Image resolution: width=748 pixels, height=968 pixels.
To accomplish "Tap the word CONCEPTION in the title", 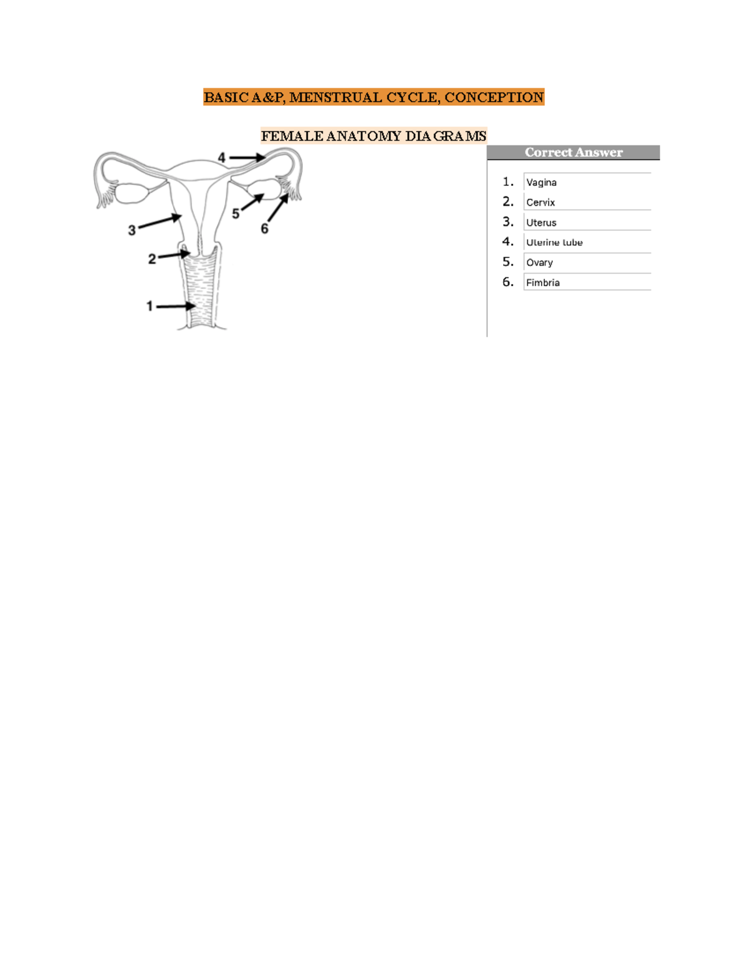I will coord(494,97).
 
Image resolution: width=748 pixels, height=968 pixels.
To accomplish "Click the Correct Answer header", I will coord(573,153).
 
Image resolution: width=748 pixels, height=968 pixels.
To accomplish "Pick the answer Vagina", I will coord(541,183).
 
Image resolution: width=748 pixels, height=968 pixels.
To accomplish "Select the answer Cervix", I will coord(540,203).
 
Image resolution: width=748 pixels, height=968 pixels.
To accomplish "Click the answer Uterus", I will coord(541,223).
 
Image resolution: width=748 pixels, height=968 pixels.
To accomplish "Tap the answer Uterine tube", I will coord(554,242).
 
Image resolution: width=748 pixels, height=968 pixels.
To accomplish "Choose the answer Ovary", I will coord(539,262).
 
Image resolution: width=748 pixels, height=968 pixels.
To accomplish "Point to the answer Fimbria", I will coord(543,282).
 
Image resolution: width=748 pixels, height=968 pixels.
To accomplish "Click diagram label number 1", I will coord(150,306).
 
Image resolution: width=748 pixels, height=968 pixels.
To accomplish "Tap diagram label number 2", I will coord(151,259).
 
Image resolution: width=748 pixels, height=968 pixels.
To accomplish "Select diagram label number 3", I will coord(132,230).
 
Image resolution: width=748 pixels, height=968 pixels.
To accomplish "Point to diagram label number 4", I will coord(221,158).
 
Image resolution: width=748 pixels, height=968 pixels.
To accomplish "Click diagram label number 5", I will coord(236,214).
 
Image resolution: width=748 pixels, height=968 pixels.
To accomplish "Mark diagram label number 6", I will coord(264,229).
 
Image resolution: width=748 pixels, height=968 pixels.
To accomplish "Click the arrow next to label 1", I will coord(176,306).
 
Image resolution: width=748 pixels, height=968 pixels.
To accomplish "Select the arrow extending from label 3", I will coord(160,222).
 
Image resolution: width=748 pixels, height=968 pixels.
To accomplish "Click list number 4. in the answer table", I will coord(508,242).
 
